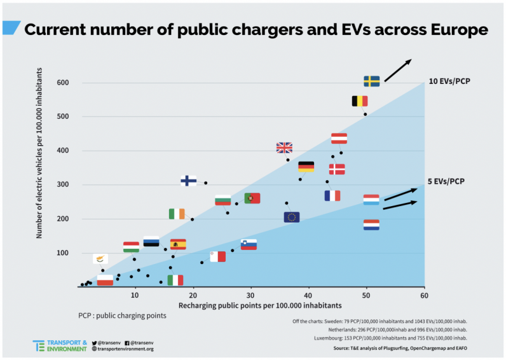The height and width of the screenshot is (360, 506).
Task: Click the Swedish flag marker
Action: click(372, 81)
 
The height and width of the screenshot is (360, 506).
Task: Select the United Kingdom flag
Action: click(284, 148)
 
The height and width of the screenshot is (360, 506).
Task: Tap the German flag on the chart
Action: click(306, 167)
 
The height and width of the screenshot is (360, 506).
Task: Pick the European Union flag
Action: click(291, 217)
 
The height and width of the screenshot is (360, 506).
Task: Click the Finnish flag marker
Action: click(188, 181)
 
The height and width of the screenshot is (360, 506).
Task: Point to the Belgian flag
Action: click(360, 101)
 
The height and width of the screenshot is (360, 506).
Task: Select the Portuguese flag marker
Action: click(252, 198)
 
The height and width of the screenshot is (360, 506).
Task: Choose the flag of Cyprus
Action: click(100, 258)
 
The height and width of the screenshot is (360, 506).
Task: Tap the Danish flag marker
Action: click(337, 169)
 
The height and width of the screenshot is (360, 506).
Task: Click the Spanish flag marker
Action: click(178, 244)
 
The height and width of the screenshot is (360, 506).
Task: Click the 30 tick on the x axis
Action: click(250, 296)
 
